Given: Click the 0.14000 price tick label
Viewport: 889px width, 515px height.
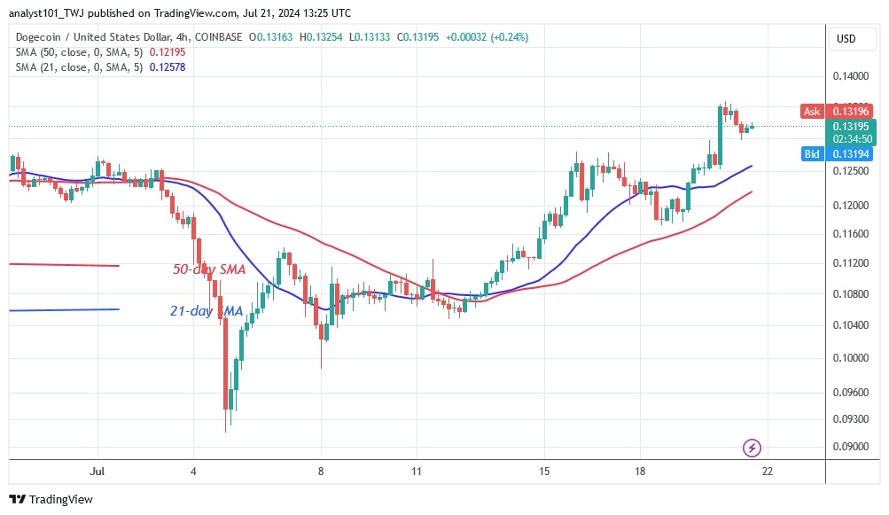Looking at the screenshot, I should pyautogui.click(x=851, y=77).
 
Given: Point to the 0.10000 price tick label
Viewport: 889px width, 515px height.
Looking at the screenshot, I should pyautogui.click(x=851, y=358).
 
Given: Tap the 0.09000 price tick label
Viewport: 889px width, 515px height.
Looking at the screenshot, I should pyautogui.click(x=851, y=447).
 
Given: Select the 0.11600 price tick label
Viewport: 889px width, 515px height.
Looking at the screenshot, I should pyautogui.click(x=851, y=233).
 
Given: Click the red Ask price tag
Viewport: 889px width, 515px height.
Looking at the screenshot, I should pyautogui.click(x=811, y=111).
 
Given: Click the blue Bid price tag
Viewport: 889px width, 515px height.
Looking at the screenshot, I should pyautogui.click(x=810, y=153).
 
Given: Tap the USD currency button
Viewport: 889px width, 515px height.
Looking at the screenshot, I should pyautogui.click(x=846, y=39).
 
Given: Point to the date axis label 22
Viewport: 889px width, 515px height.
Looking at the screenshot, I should pyautogui.click(x=768, y=471).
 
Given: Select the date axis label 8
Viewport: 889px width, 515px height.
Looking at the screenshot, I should pyautogui.click(x=321, y=471).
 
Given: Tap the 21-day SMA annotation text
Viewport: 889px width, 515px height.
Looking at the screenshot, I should pyautogui.click(x=205, y=310).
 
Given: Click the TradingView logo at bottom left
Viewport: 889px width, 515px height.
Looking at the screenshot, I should pyautogui.click(x=51, y=499).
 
